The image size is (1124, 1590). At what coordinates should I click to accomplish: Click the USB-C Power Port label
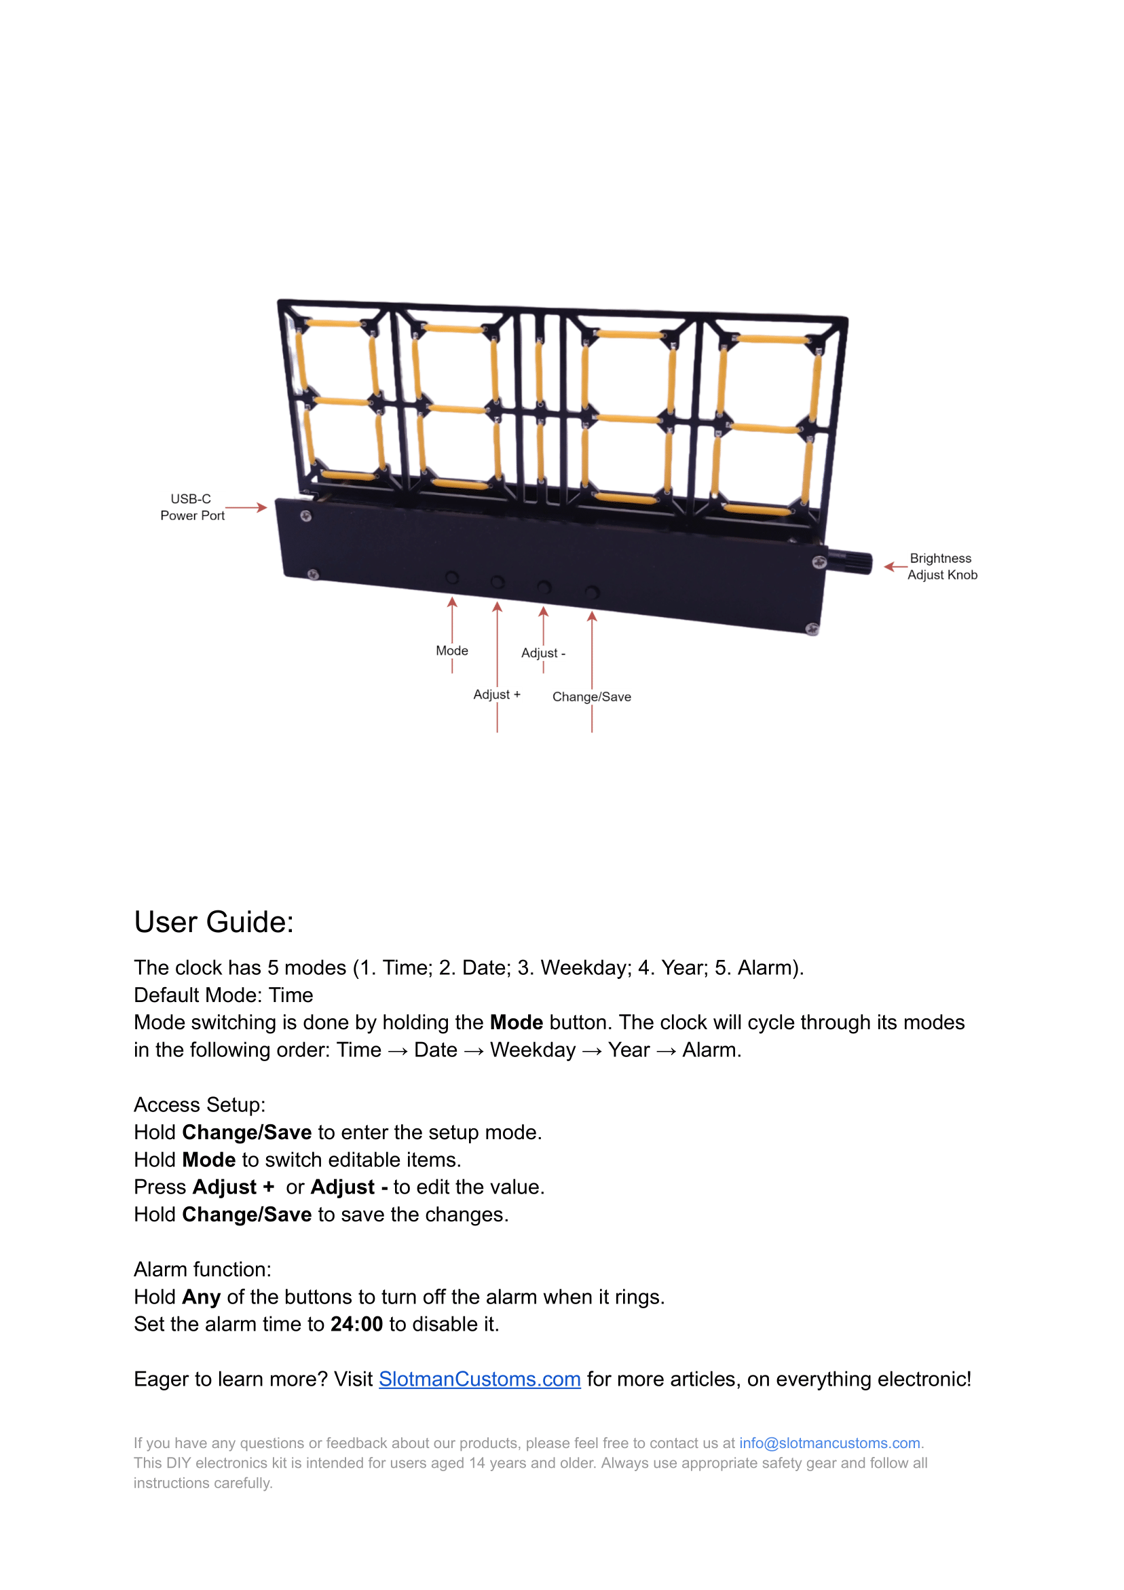[x=192, y=507]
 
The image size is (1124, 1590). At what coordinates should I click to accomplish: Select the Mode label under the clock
[x=451, y=650]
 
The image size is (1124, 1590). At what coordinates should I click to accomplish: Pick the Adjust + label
[x=497, y=694]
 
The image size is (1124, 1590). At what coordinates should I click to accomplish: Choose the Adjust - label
[x=543, y=652]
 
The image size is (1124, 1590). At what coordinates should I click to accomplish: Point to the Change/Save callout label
[x=591, y=697]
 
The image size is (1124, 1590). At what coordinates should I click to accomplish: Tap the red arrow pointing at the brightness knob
[x=895, y=566]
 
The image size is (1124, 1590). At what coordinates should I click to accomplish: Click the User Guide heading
[x=214, y=922]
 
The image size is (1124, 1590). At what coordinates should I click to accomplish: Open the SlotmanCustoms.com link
[x=479, y=1379]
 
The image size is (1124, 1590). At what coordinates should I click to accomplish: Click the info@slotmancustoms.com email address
[x=829, y=1443]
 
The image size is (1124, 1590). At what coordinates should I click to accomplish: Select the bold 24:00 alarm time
[x=356, y=1324]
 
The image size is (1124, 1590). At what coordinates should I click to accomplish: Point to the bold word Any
[x=201, y=1297]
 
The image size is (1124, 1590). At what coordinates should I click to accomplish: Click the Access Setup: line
[x=200, y=1105]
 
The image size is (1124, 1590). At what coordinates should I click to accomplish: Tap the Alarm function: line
[x=202, y=1270]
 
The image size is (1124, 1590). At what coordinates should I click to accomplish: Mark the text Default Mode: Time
[x=223, y=995]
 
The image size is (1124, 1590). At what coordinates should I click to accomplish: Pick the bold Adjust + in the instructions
[x=233, y=1187]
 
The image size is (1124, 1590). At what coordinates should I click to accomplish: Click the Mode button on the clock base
[x=451, y=577]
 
